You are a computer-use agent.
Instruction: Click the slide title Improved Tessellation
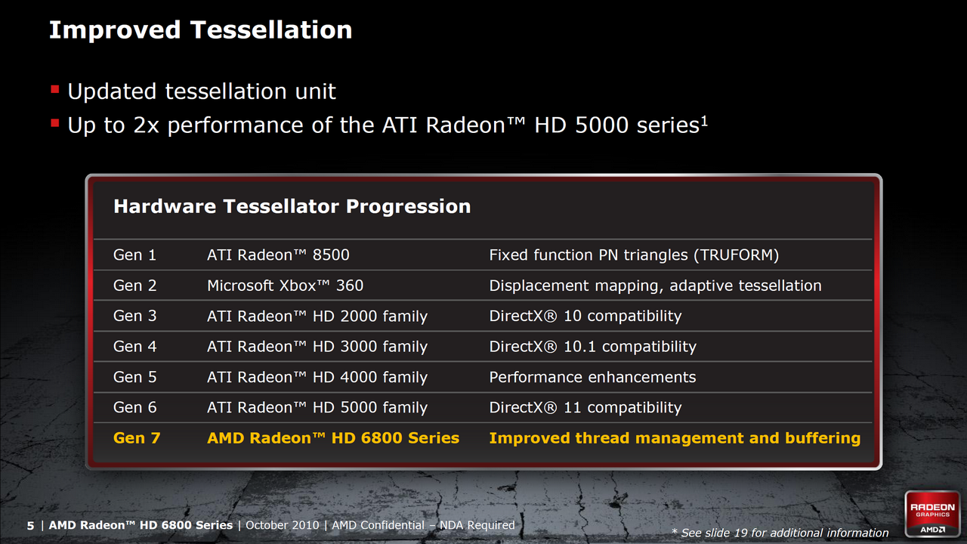coord(201,30)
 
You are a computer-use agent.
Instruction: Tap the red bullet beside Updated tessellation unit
coord(55,89)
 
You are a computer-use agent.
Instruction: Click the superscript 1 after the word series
coord(704,121)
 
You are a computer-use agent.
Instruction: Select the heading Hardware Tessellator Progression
coord(292,206)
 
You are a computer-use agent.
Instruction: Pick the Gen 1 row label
coord(134,255)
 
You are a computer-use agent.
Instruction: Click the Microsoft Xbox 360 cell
coord(285,286)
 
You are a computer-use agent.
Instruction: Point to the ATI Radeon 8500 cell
coord(278,255)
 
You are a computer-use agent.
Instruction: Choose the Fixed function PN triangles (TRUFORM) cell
coord(634,255)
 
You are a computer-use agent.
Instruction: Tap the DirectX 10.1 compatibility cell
coord(593,346)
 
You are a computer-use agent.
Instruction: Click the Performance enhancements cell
coord(592,377)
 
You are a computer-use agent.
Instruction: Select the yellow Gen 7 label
coord(137,438)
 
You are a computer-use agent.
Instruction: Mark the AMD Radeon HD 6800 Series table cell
coord(333,438)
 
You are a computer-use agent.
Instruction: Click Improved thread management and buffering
coord(675,438)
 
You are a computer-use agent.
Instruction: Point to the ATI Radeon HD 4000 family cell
coord(317,377)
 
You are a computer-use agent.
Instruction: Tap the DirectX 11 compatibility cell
coord(585,407)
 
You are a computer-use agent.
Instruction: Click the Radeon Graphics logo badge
coord(932,514)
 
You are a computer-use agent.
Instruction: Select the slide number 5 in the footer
coord(30,525)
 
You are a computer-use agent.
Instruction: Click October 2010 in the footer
coord(283,525)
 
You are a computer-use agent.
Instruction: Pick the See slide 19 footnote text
coord(780,533)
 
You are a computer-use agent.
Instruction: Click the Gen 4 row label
coord(134,346)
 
